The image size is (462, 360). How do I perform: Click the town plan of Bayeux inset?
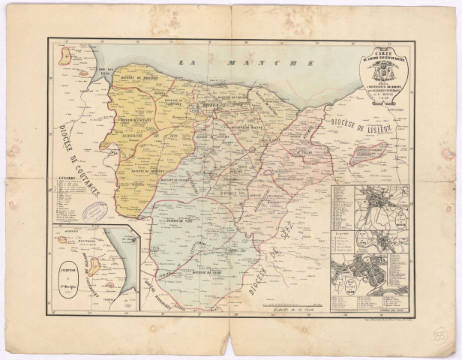click(x=382, y=203)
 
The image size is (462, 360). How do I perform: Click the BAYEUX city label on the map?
click(x=203, y=106)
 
